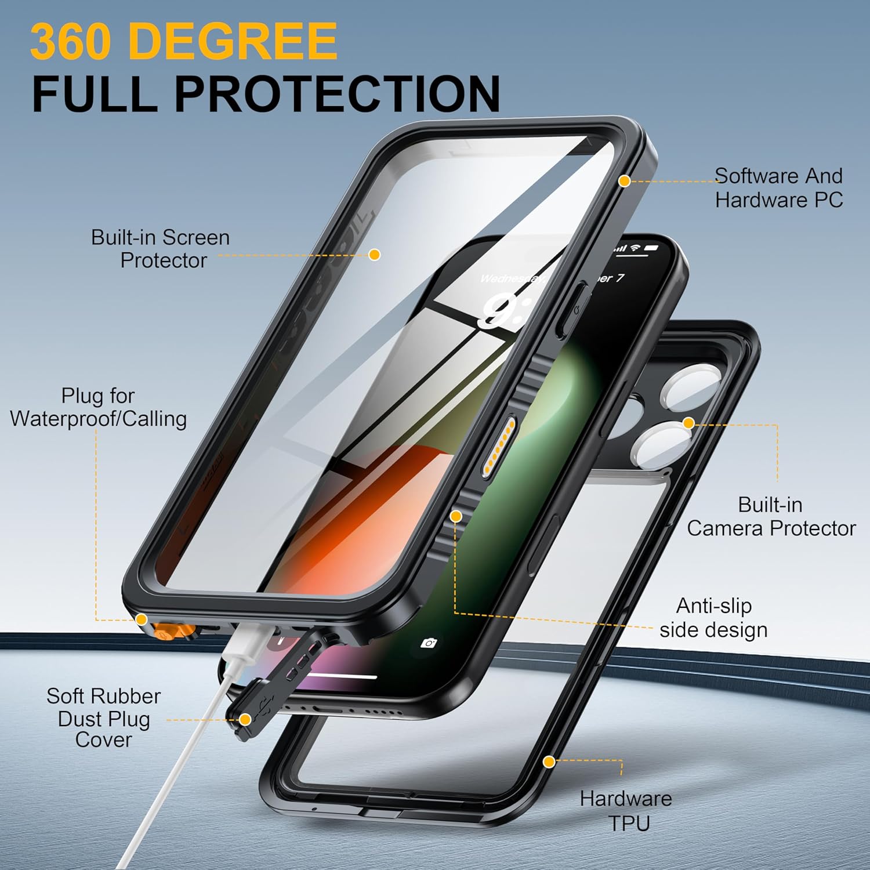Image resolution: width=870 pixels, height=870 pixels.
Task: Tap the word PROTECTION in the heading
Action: [338, 93]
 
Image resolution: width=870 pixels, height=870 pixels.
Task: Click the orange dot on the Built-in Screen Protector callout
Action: [375, 254]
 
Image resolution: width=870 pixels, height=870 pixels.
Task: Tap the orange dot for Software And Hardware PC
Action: [624, 181]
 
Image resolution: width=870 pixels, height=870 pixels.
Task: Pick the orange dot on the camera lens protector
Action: [688, 423]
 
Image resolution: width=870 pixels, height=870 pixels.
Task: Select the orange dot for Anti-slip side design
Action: [456, 516]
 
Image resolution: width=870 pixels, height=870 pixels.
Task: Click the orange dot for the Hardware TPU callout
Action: [549, 762]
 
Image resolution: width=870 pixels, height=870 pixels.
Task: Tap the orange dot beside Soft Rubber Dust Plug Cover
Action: [245, 720]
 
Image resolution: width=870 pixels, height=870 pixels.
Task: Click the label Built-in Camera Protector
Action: [771, 517]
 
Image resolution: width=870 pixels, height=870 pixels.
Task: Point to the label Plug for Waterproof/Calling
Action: [98, 407]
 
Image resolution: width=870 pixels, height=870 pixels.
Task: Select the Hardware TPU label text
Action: [626, 811]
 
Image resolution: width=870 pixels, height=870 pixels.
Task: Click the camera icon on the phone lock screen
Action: [429, 643]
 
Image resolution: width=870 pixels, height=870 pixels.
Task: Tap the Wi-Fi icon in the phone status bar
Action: [636, 248]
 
